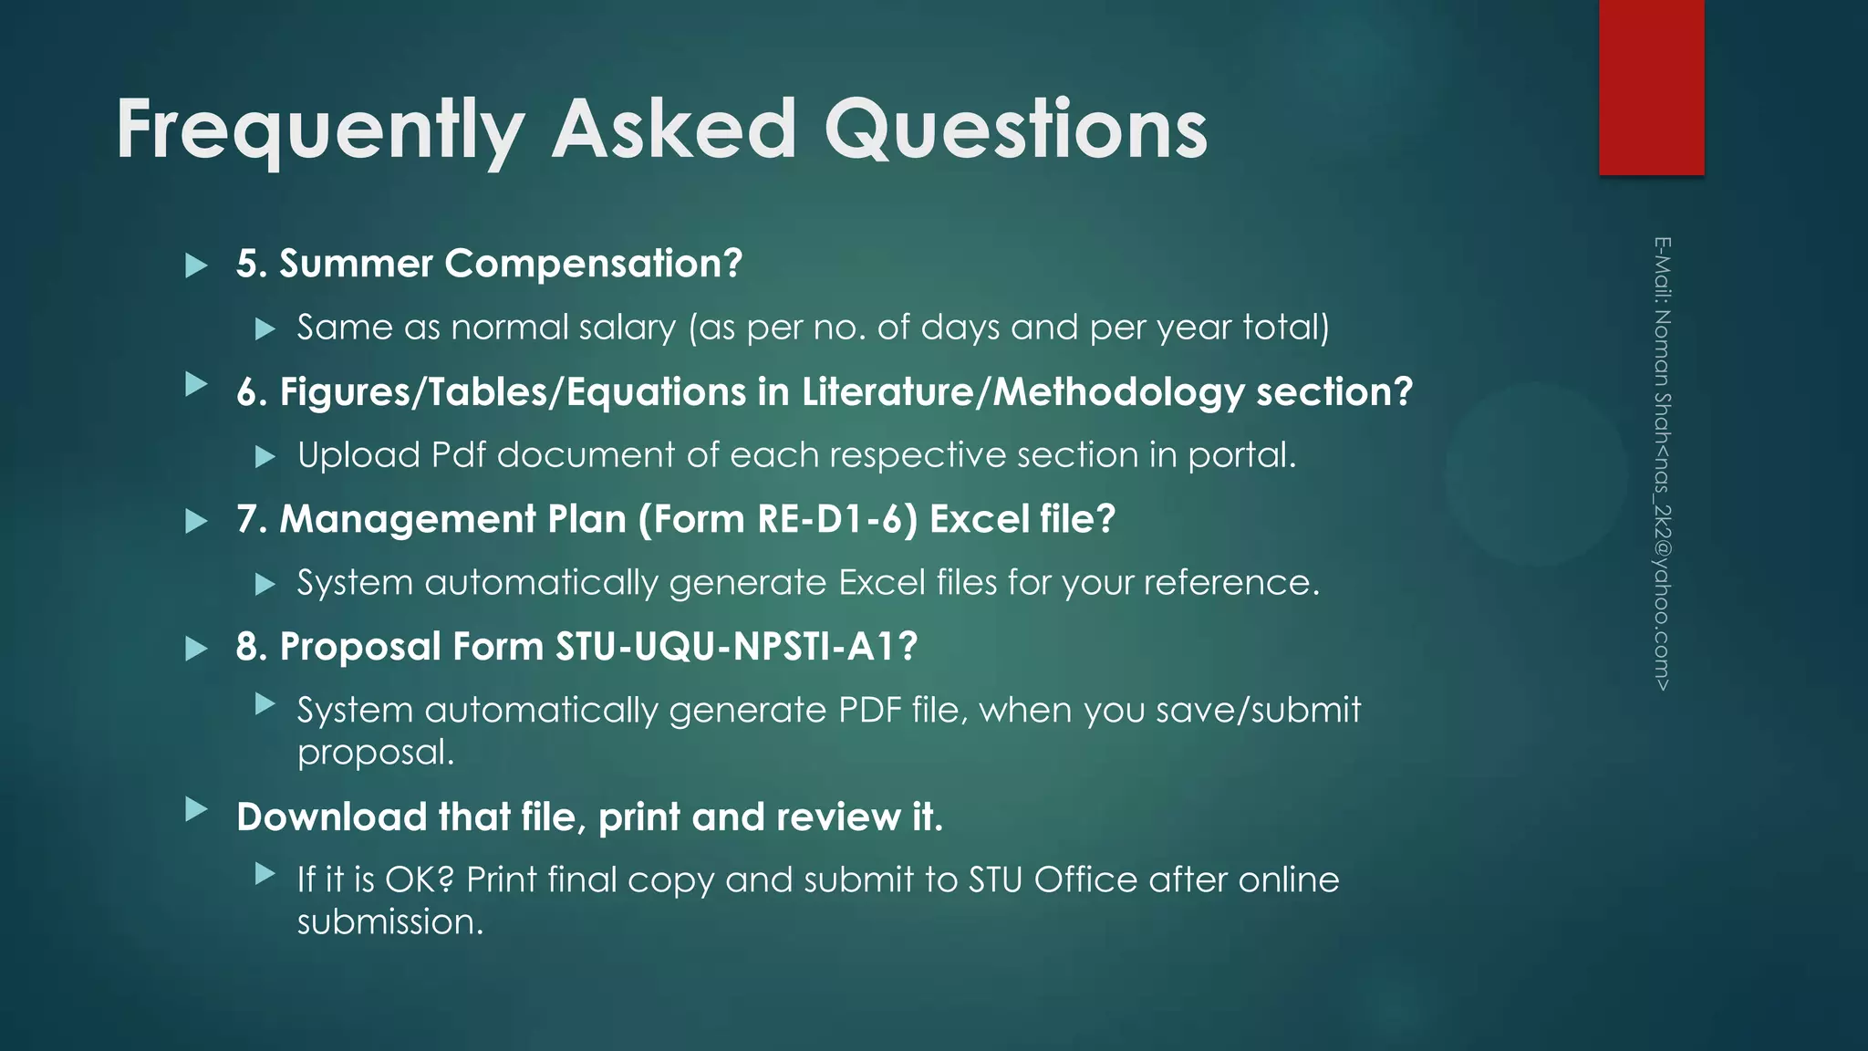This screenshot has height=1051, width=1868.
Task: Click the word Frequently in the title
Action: (319, 130)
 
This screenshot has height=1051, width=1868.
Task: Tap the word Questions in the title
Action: (1015, 130)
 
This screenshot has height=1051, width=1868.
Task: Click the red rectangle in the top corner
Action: (1651, 87)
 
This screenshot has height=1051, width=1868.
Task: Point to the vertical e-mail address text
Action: (1662, 463)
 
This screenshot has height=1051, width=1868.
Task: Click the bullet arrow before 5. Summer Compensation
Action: (196, 265)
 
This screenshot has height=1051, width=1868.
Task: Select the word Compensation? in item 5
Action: (593, 264)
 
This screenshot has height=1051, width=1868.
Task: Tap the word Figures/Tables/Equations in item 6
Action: (513, 392)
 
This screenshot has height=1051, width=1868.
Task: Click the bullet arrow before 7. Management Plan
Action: (196, 521)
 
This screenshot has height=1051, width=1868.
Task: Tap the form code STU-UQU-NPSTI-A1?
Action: (736, 647)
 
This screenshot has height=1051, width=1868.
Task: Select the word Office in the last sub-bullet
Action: (1085, 879)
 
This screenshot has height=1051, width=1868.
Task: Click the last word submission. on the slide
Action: (390, 921)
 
